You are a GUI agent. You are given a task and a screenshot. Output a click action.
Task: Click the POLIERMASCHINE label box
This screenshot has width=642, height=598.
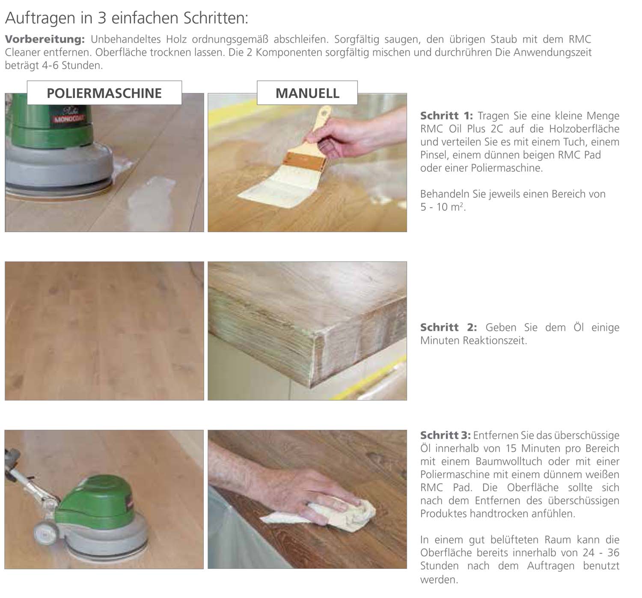(104, 93)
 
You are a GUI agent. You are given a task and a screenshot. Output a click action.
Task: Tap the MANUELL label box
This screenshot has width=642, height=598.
(307, 93)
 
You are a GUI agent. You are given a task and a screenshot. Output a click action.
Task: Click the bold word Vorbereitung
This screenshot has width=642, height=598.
(45, 39)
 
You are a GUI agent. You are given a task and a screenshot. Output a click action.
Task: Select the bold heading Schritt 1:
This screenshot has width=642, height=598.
(446, 116)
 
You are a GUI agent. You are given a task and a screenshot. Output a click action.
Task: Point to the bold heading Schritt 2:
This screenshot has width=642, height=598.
(449, 327)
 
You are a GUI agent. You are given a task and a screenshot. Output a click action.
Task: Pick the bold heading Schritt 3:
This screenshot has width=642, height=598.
(446, 435)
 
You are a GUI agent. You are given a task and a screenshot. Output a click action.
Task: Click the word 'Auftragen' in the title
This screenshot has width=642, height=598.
(40, 18)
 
